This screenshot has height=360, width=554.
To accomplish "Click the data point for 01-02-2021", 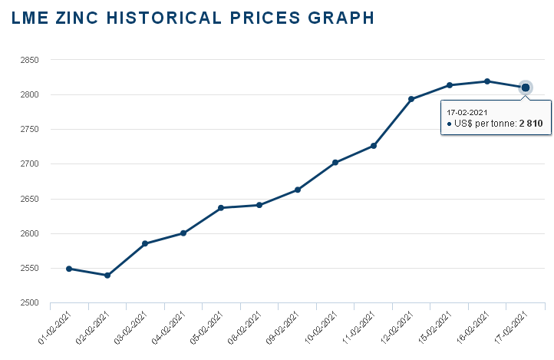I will coord(69,269).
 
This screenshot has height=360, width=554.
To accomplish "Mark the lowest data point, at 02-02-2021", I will coord(107,275).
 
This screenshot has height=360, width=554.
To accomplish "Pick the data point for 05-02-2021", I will coord(221,208).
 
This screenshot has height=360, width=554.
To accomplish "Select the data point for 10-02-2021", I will coord(335,163).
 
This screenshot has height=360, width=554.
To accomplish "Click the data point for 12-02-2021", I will coord(411,99).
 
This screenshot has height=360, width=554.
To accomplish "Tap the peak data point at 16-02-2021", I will coord(487,81).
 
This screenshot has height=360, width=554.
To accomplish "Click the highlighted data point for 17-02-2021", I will coord(526,88).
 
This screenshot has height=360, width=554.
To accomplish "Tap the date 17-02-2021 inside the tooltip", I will coord(467,112).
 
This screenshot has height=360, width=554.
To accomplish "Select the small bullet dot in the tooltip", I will coord(449,124).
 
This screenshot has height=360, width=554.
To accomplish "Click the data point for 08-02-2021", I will coord(259,205).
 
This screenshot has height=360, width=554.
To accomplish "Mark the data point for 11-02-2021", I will coord(374,146).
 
